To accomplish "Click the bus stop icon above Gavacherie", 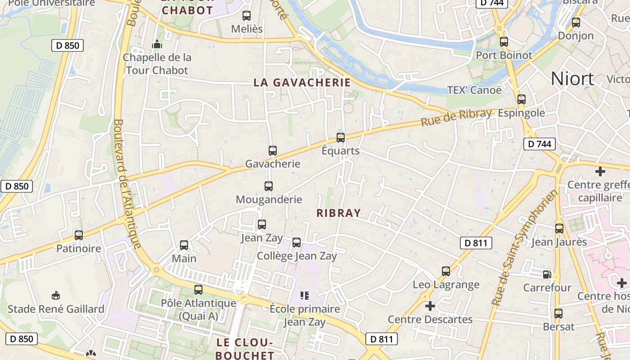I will pyautogui.click(x=272, y=151).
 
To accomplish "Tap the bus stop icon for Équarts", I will pyautogui.click(x=341, y=138).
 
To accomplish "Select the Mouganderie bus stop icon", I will pyautogui.click(x=269, y=186).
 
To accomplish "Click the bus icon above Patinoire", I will pyautogui.click(x=79, y=235).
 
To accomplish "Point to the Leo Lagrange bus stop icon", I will pyautogui.click(x=446, y=271).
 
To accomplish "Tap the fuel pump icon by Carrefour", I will pyautogui.click(x=547, y=274).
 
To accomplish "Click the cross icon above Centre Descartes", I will pyautogui.click(x=430, y=306).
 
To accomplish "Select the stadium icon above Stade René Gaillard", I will pyautogui.click(x=56, y=296).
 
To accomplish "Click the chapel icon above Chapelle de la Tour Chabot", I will pyautogui.click(x=157, y=44).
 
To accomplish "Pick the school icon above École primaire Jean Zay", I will pyautogui.click(x=305, y=296).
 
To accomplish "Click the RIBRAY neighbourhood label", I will pyautogui.click(x=339, y=213).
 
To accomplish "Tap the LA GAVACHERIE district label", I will pyautogui.click(x=302, y=82).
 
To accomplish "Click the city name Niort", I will pyautogui.click(x=572, y=79).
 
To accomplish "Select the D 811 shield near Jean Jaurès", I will pyautogui.click(x=476, y=243).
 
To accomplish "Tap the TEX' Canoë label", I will pyautogui.click(x=474, y=90).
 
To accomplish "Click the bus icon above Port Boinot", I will pyautogui.click(x=504, y=42).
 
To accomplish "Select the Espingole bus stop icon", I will pyautogui.click(x=522, y=99).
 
